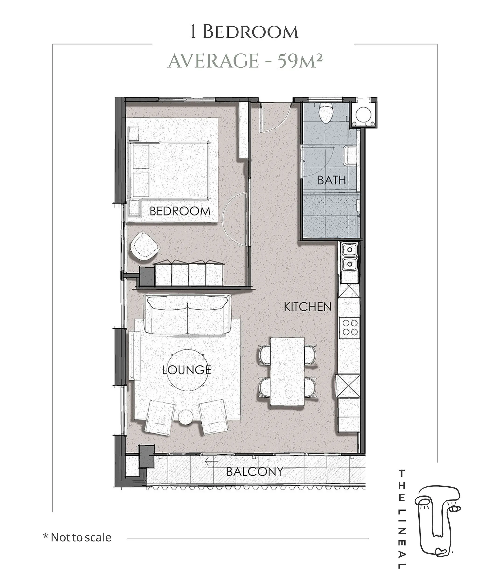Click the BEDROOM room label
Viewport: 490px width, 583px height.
(x=180, y=211)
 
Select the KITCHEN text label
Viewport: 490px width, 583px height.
(x=308, y=307)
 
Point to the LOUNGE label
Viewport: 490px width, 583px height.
(x=186, y=370)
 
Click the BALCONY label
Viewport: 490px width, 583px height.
(x=255, y=472)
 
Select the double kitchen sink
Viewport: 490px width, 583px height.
(x=350, y=257)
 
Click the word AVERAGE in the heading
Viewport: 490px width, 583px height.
(x=213, y=61)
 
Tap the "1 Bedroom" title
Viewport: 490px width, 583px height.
(x=244, y=32)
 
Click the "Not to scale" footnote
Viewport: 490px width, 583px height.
(x=77, y=538)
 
